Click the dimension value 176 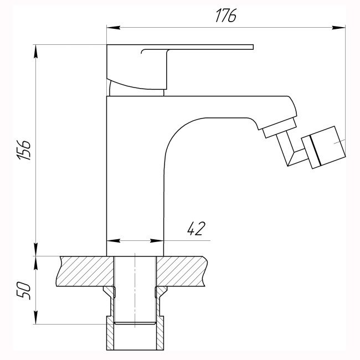[226, 16]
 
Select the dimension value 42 [196, 229]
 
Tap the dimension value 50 [23, 291]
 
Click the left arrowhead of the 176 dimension [114, 28]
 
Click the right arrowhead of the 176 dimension [338, 28]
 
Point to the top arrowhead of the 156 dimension [36, 51]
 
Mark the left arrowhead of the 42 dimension [114, 240]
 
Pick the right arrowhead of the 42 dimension [157, 240]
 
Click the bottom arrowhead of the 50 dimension [36, 317]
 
